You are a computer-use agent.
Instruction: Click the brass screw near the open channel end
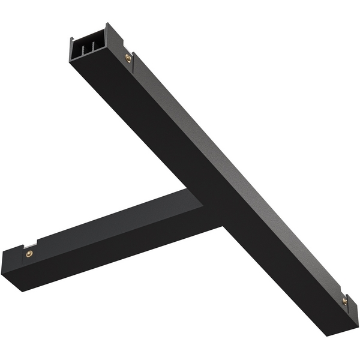click(x=128, y=58)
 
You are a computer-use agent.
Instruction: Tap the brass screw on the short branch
click(x=29, y=254)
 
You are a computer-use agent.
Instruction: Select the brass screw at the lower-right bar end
click(x=344, y=301)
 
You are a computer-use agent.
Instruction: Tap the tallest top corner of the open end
click(x=107, y=25)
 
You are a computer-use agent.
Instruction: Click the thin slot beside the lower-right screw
click(x=349, y=306)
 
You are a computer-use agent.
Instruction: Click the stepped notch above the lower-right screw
click(x=343, y=294)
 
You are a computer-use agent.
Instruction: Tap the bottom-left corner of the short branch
click(x=23, y=291)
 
